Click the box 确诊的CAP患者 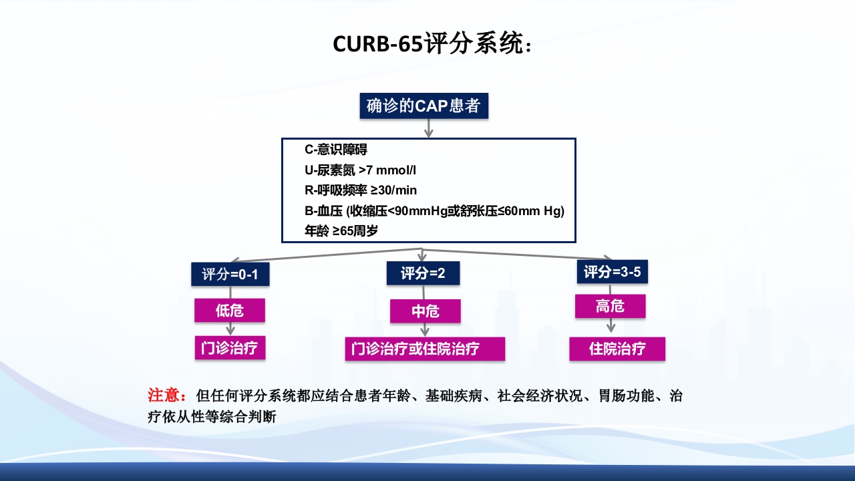click(423, 106)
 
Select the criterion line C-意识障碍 click(336, 150)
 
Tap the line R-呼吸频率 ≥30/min click(361, 190)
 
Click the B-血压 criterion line click(434, 211)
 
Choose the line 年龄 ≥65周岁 click(342, 231)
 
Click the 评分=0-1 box click(230, 275)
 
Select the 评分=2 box click(423, 273)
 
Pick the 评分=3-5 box click(613, 272)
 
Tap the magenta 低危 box click(230, 310)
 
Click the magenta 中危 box click(425, 311)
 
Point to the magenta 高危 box click(610, 306)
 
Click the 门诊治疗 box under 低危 click(230, 348)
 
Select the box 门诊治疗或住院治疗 click(425, 349)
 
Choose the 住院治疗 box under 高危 click(617, 349)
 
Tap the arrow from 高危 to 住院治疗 click(611, 325)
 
